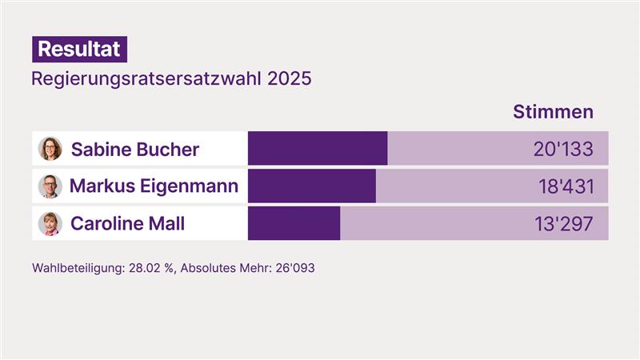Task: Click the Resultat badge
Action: click(79, 49)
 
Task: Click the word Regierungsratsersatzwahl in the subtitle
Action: click(146, 80)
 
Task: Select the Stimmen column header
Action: click(553, 111)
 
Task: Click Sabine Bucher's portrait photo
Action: click(50, 149)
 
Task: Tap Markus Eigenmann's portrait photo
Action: click(50, 186)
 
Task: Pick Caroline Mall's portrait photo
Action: click(50, 223)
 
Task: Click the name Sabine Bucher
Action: click(135, 150)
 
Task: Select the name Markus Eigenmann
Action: click(154, 186)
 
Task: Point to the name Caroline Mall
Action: click(127, 223)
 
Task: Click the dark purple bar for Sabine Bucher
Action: click(318, 149)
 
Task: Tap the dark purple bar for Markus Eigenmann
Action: click(312, 186)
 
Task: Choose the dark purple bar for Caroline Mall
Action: click(294, 223)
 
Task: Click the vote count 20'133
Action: click(563, 150)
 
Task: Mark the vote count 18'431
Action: click(566, 187)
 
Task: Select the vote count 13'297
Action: click(564, 224)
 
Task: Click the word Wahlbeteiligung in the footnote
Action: click(78, 268)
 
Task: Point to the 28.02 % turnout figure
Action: click(150, 268)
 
